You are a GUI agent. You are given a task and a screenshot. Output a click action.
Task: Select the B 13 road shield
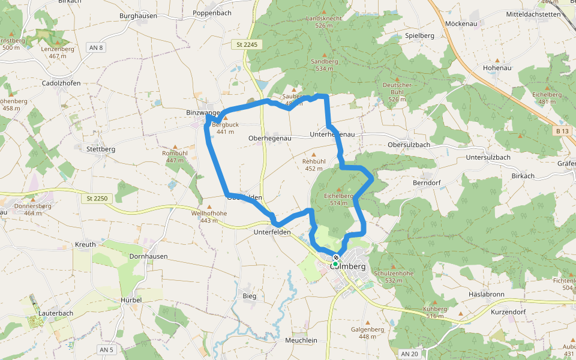(562, 130)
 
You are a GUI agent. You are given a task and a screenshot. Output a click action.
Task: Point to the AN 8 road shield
(95, 47)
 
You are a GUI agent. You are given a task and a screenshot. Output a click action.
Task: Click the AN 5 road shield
(106, 349)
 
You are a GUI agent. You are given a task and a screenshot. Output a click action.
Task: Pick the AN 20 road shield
(410, 354)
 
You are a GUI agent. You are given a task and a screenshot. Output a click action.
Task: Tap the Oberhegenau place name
(269, 138)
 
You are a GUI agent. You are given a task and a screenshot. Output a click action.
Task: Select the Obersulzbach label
(409, 145)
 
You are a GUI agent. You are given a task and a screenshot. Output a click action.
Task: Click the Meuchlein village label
(301, 340)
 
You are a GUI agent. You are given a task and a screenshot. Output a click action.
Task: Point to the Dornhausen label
(148, 256)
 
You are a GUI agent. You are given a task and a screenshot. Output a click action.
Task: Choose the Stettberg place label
(101, 149)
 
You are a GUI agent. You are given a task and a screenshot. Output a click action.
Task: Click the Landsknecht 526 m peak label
(324, 22)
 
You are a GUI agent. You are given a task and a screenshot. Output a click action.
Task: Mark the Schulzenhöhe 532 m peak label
(394, 277)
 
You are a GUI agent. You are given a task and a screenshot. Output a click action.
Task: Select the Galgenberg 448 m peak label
(367, 332)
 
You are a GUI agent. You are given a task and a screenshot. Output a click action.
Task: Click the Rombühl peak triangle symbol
(175, 146)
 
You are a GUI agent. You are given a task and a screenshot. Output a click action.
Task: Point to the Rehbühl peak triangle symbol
(313, 154)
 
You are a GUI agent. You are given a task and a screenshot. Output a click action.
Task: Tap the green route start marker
(335, 264)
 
